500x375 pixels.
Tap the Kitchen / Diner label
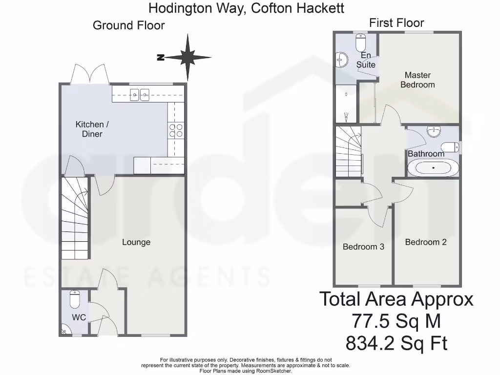tap(92, 129)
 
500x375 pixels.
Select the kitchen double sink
tap(140, 95)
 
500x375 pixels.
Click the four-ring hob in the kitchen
tap(176, 130)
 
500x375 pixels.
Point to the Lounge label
tap(136, 242)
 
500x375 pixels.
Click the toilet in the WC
tap(75, 299)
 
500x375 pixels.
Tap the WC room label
tap(79, 317)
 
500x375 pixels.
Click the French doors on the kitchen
tap(89, 74)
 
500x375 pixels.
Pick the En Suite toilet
tap(361, 43)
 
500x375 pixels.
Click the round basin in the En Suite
tap(342, 60)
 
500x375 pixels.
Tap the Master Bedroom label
tap(417, 80)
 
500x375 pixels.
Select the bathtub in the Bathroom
tap(433, 168)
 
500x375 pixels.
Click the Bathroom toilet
tap(450, 146)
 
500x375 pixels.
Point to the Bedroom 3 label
tap(363, 247)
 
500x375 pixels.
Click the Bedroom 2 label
tap(426, 242)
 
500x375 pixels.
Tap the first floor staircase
tap(349, 151)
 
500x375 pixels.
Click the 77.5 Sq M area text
tap(396, 321)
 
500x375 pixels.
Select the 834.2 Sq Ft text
tap(396, 344)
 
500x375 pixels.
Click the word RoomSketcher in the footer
tap(274, 371)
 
